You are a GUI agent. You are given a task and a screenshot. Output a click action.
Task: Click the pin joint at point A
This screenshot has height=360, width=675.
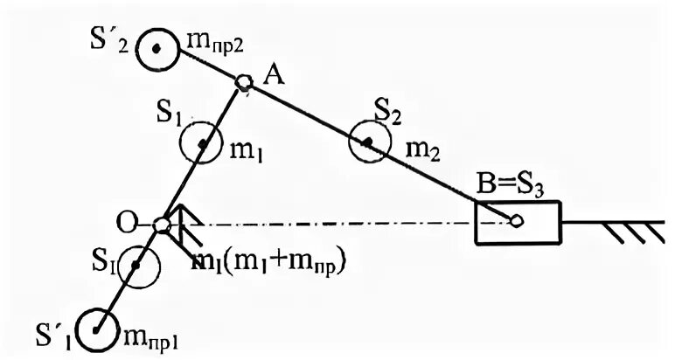click(245, 83)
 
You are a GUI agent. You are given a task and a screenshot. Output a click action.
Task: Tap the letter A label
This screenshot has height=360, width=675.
click(273, 77)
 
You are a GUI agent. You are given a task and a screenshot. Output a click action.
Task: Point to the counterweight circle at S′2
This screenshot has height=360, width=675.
click(157, 48)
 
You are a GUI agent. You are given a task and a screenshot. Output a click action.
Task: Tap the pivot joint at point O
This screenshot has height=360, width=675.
click(162, 225)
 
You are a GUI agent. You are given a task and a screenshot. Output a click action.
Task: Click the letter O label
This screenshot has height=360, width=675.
click(128, 223)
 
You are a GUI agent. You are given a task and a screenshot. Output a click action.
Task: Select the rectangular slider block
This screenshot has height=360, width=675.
click(516, 222)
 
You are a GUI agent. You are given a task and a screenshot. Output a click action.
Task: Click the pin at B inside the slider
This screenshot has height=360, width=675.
click(517, 222)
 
